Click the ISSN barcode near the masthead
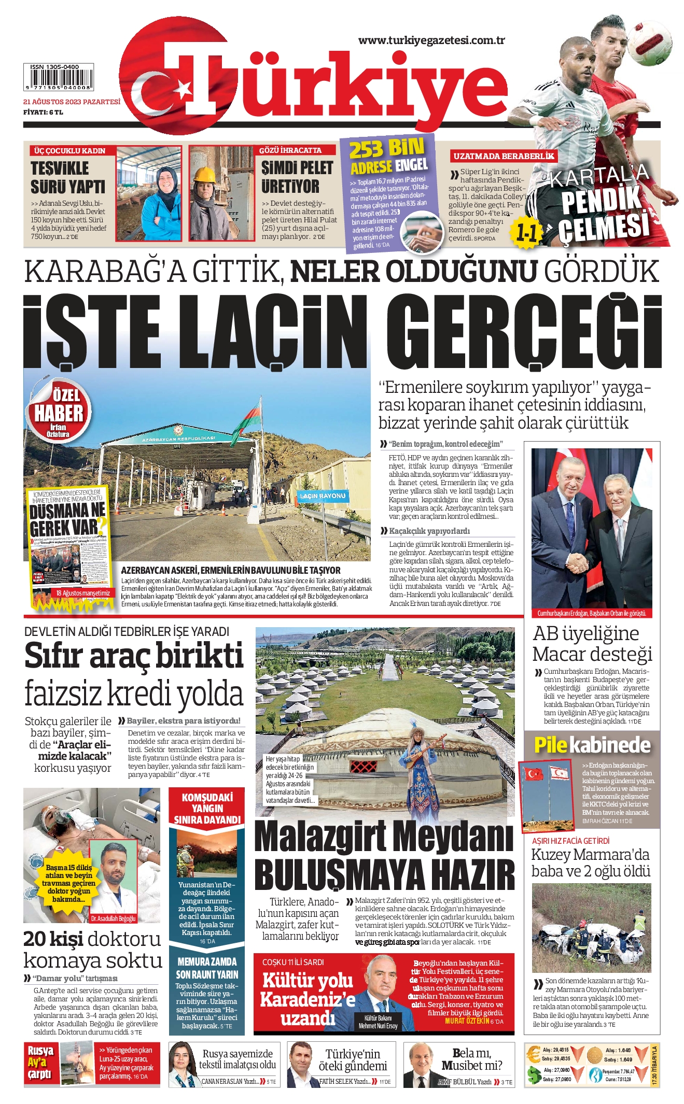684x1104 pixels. (58, 78)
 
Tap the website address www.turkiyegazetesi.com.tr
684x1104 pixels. (431, 40)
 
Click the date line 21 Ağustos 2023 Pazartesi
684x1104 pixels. (72, 102)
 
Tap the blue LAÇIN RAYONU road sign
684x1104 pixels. (322, 496)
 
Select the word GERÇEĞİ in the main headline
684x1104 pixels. (524, 332)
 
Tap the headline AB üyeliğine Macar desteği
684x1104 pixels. (592, 643)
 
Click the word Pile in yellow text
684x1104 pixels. (551, 745)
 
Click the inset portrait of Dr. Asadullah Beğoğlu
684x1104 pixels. (115, 880)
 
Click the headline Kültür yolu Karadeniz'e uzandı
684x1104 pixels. (308, 999)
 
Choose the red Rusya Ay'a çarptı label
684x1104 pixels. (40, 1063)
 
